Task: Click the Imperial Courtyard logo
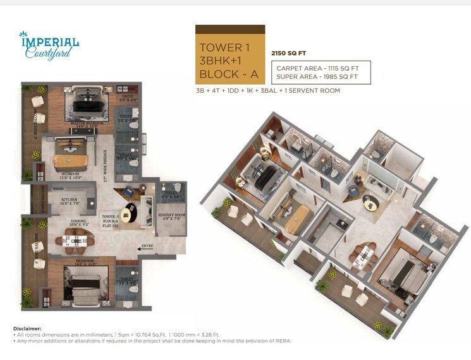tap(49, 45)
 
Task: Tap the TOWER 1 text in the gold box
tap(221, 47)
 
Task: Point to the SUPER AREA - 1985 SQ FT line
tap(317, 77)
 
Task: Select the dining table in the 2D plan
tap(76, 241)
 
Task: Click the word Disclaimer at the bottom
tap(27, 328)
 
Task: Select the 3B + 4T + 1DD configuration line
tap(268, 91)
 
